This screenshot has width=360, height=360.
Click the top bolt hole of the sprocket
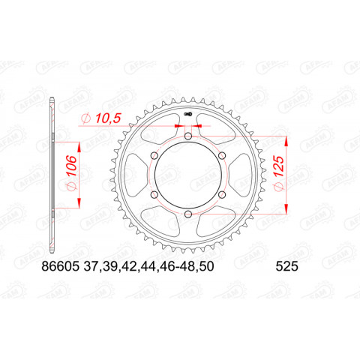186,138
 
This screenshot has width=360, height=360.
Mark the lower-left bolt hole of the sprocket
153,196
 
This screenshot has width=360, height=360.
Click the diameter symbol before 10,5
85,116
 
